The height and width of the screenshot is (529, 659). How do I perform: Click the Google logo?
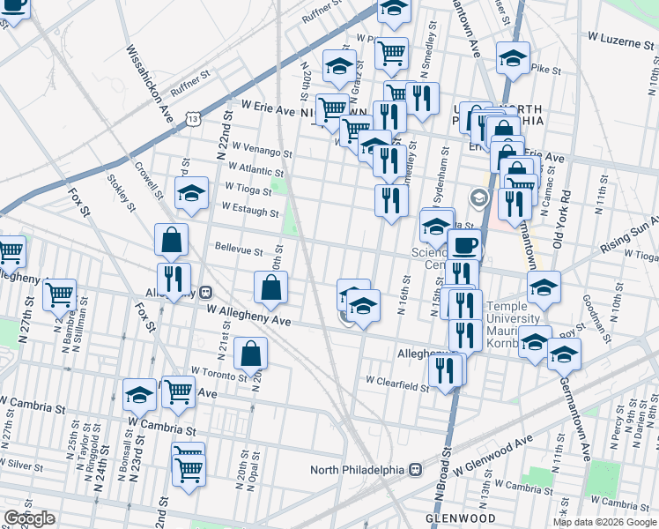pos(29,518)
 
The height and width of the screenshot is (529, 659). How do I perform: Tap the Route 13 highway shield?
pos(191,116)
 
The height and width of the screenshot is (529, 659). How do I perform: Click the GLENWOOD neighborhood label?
pos(459,518)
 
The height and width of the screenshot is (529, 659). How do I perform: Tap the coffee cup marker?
pos(464,246)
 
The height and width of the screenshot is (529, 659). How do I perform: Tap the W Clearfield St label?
pos(396,382)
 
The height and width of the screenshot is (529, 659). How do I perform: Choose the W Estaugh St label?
pos(250,210)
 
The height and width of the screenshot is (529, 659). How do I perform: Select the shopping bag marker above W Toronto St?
pos(251,354)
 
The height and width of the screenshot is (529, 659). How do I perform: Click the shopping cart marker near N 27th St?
pos(59,294)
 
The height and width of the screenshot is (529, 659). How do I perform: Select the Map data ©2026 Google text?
pos(604,522)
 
